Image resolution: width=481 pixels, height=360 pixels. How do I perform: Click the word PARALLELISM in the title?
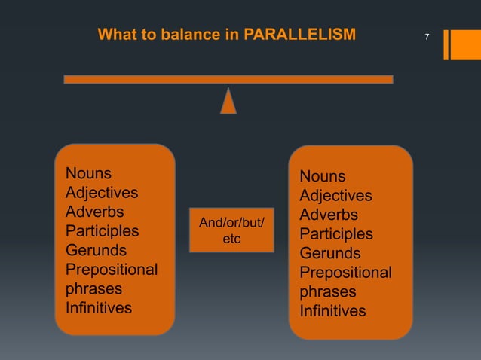tap(305, 35)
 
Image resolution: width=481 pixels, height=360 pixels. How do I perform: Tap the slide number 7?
tap(427, 37)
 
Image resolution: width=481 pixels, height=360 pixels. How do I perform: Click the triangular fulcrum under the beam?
tap(228, 101)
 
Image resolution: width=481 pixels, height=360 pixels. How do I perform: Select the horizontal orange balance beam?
tap(228, 79)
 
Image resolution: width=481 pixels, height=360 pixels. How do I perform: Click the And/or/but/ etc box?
tap(231, 230)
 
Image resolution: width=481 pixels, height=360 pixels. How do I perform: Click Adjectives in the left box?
tap(102, 192)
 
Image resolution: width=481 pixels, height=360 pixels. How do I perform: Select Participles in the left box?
tap(102, 230)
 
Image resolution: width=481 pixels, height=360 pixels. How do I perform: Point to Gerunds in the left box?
tap(96, 250)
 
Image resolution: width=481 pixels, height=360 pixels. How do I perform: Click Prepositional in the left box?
tap(112, 270)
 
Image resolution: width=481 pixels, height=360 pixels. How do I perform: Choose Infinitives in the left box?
tap(99, 308)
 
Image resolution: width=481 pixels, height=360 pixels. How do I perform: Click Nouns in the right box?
tap(322, 176)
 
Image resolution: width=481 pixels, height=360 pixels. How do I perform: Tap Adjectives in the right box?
tap(335, 196)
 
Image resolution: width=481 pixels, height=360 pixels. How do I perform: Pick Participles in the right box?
tap(335, 234)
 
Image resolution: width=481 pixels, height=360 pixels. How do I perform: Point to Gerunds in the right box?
tap(329, 254)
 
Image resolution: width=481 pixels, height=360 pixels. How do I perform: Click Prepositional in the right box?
tap(345, 273)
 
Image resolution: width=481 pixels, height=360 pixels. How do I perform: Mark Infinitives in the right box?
tap(332, 311)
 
